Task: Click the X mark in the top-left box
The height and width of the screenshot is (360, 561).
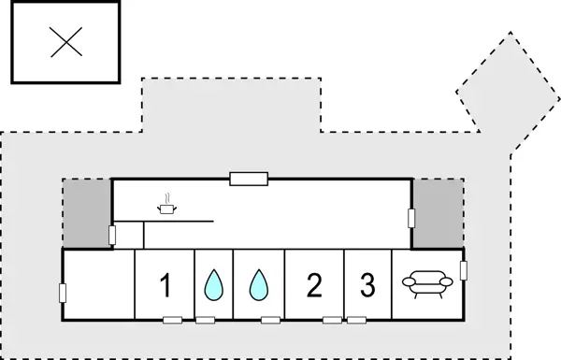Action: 65,42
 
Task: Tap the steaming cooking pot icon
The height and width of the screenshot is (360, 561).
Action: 167,207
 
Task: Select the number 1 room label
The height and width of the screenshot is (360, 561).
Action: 165,285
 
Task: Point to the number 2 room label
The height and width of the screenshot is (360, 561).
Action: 314,285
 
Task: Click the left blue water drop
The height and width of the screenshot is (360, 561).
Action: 214,285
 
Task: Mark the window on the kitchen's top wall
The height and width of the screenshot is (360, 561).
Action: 249,178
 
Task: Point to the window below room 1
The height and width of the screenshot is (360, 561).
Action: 172,321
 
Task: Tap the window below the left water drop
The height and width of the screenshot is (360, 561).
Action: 205,321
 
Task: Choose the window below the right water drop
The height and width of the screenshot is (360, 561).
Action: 270,321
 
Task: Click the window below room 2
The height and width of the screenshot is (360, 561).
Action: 332,321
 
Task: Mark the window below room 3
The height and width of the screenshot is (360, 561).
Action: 359,321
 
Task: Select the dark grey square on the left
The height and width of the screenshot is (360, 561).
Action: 86,214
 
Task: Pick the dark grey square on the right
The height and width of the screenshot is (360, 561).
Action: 438,214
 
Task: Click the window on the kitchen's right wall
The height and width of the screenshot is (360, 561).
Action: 411,218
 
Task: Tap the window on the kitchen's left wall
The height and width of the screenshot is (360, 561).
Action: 112,235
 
